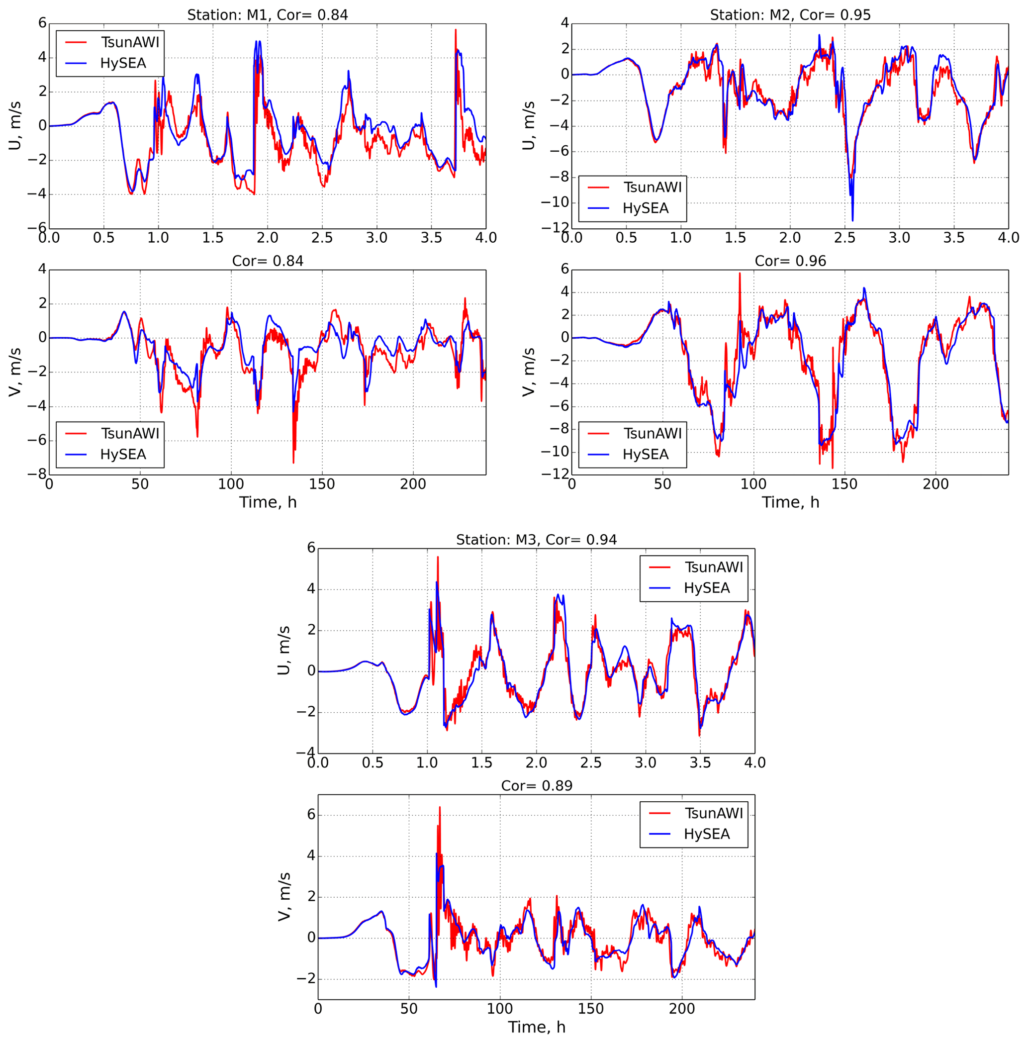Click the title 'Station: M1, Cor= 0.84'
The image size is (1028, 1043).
point(267,15)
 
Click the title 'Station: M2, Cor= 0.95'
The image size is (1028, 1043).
point(790,15)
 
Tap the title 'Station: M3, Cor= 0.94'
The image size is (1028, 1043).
point(536,540)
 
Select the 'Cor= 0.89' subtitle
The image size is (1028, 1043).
point(536,785)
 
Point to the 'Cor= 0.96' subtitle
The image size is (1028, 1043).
point(790,261)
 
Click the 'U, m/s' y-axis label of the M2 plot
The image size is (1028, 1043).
point(529,126)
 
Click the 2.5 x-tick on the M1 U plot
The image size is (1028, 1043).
point(322,238)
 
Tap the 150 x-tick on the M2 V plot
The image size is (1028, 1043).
point(844,484)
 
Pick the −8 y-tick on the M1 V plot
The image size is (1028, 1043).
point(39,474)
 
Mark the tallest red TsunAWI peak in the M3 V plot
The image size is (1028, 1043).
point(440,808)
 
